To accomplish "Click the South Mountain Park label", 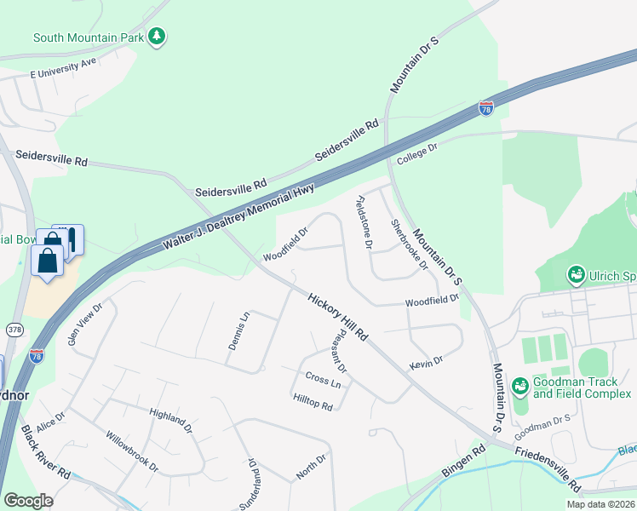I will (87, 37).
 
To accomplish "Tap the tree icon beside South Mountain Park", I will (156, 36).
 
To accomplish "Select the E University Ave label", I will (64, 69).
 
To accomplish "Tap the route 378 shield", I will (14, 329).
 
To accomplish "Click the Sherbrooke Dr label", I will (409, 244).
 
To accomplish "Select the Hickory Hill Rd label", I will (337, 318).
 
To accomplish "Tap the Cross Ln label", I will (323, 381).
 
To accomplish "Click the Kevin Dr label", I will (426, 362).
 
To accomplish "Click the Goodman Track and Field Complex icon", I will (520, 388).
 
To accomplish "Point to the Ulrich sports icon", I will (576, 275).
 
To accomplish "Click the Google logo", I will (28, 501).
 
